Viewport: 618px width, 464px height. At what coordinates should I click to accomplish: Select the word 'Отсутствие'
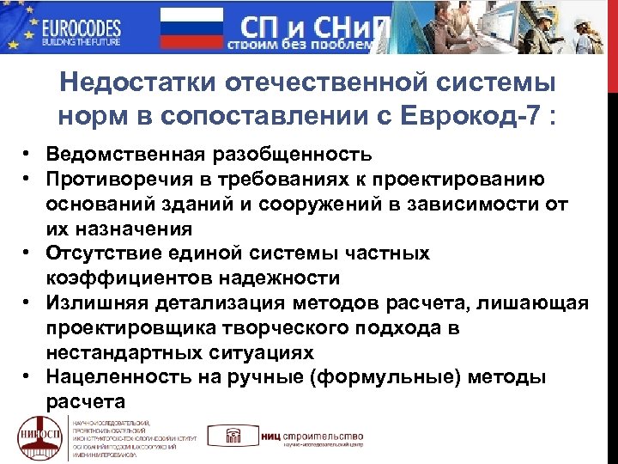coord(104,253)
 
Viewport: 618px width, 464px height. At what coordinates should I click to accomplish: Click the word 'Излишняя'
coord(95,303)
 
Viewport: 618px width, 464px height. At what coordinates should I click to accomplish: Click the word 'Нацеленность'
coord(110,377)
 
